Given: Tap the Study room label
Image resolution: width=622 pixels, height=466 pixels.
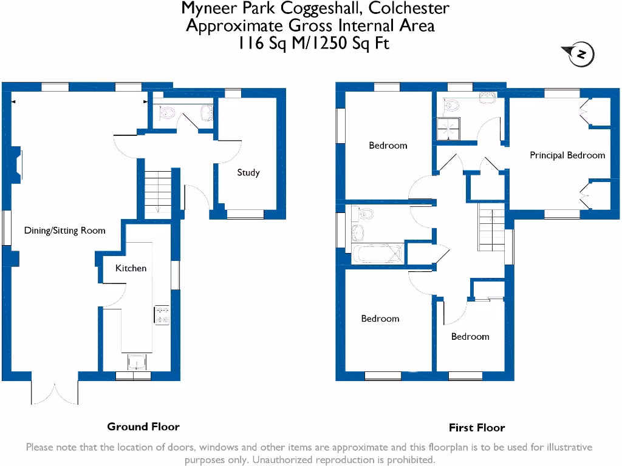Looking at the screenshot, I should click(x=248, y=172).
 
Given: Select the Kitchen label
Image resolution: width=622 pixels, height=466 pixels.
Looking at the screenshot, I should click(x=131, y=268).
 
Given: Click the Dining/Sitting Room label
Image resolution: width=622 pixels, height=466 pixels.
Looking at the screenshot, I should click(x=64, y=231).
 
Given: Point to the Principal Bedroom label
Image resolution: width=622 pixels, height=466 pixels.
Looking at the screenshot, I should click(x=567, y=155).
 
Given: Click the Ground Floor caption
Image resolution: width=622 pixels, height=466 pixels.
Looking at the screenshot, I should click(x=143, y=427).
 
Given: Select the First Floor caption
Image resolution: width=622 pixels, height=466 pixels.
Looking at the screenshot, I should click(x=477, y=428).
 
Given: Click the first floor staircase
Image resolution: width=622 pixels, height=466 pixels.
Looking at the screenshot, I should click(x=491, y=227).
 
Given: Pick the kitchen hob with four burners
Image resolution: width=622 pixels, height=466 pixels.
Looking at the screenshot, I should click(x=162, y=314).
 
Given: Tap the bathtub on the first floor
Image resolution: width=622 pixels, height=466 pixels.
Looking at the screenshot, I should click(x=377, y=254).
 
